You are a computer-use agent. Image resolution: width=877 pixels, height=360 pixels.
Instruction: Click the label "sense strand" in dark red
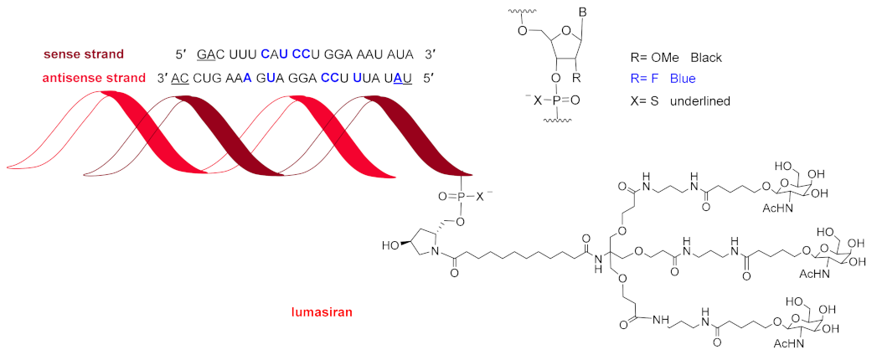[x=85, y=55]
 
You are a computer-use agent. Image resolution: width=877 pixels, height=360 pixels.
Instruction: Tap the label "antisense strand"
[x=84, y=78]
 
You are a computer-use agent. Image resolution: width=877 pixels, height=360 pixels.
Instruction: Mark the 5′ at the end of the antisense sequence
[x=431, y=78]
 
